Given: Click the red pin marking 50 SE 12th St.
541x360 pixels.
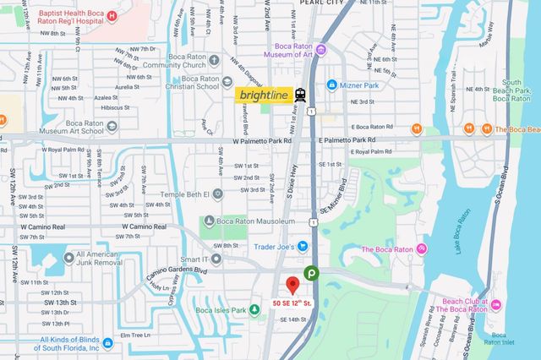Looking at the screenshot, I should click(292, 285).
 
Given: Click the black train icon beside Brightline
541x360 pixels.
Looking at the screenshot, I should click(301, 95).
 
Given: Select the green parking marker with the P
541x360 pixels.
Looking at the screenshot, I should click(311, 273).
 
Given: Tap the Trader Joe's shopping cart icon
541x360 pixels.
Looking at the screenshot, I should click(302, 247).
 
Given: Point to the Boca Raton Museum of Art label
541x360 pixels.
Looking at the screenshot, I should click(306, 51).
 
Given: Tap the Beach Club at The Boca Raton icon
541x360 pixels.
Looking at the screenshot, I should click(496, 303).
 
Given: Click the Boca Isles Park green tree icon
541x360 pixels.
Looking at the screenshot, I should click(254, 310).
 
